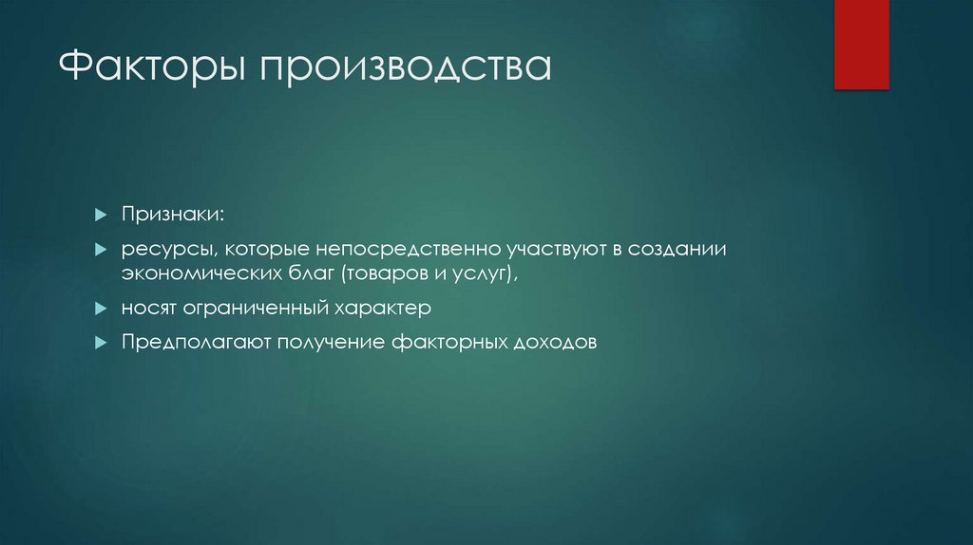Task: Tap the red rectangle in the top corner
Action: click(861, 45)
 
